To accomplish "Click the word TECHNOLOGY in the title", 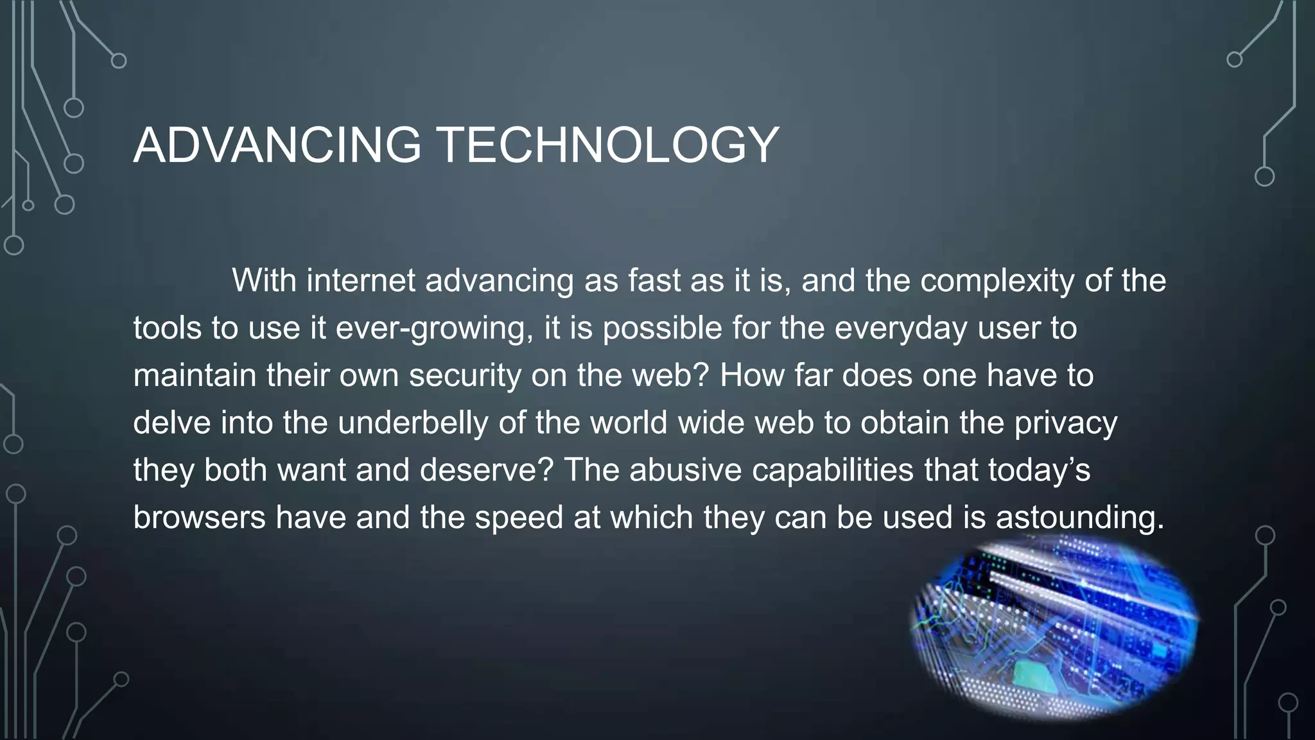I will [x=607, y=145].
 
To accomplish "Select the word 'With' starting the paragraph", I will [x=264, y=280].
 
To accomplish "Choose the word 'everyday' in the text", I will [x=900, y=328].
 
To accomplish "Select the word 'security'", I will [x=465, y=375].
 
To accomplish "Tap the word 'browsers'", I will [x=199, y=518].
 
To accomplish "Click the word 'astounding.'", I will [x=1080, y=518].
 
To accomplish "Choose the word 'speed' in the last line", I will [x=519, y=518].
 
